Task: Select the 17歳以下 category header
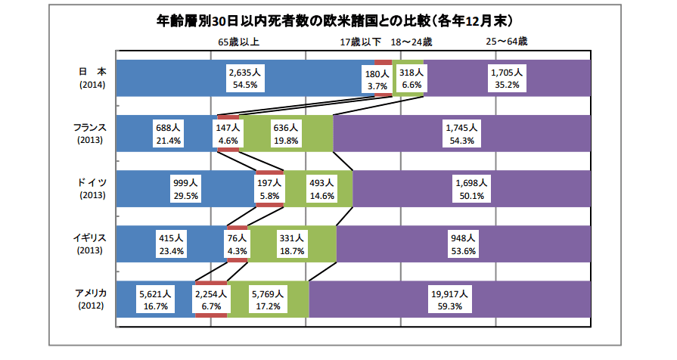(x=360, y=42)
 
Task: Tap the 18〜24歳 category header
(x=411, y=42)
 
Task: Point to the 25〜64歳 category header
(x=507, y=42)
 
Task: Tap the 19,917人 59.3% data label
(x=450, y=299)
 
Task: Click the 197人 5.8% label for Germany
(x=269, y=189)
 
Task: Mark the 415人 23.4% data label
(x=172, y=244)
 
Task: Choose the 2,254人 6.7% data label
(x=211, y=299)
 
